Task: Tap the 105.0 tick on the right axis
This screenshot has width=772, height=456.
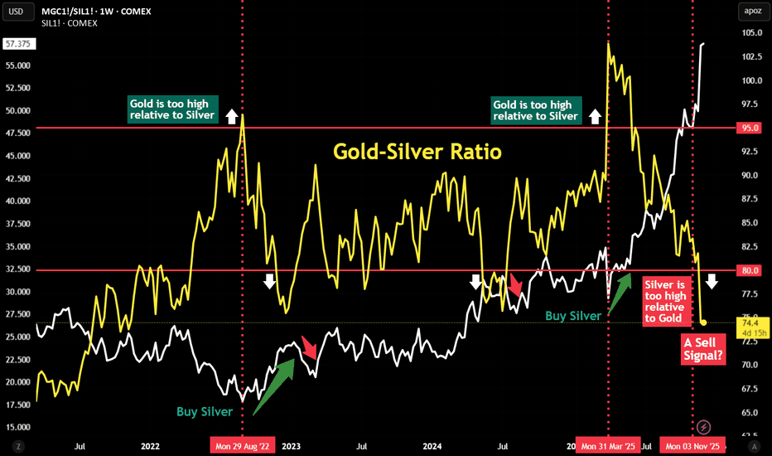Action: coord(752,33)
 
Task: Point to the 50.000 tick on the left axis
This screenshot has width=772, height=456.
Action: coord(17,110)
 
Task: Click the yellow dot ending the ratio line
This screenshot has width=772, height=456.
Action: coord(703,323)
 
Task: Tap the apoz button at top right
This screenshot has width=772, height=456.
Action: coord(752,12)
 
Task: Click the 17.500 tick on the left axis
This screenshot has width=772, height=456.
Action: coord(17,405)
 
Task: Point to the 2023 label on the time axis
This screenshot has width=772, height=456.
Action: coord(291,446)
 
